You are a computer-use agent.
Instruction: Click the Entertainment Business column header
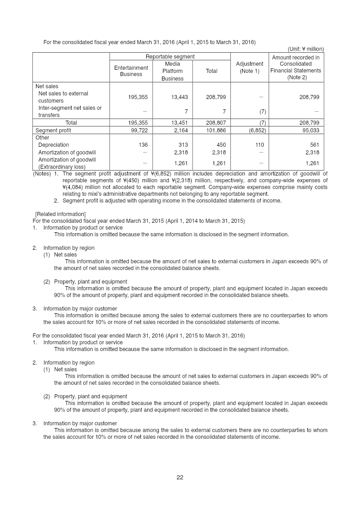[131, 71]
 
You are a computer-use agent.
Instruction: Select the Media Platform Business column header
[173, 71]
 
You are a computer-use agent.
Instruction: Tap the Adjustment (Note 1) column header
[249, 68]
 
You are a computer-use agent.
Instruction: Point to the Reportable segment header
[170, 57]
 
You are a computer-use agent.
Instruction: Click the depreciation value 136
[143, 145]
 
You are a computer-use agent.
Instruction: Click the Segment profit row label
[53, 131]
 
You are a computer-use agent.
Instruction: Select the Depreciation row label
[54, 145]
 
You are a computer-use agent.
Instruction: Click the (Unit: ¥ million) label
[306, 49]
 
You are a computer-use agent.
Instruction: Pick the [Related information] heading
[60, 214]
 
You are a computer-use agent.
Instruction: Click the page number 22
[180, 477]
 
